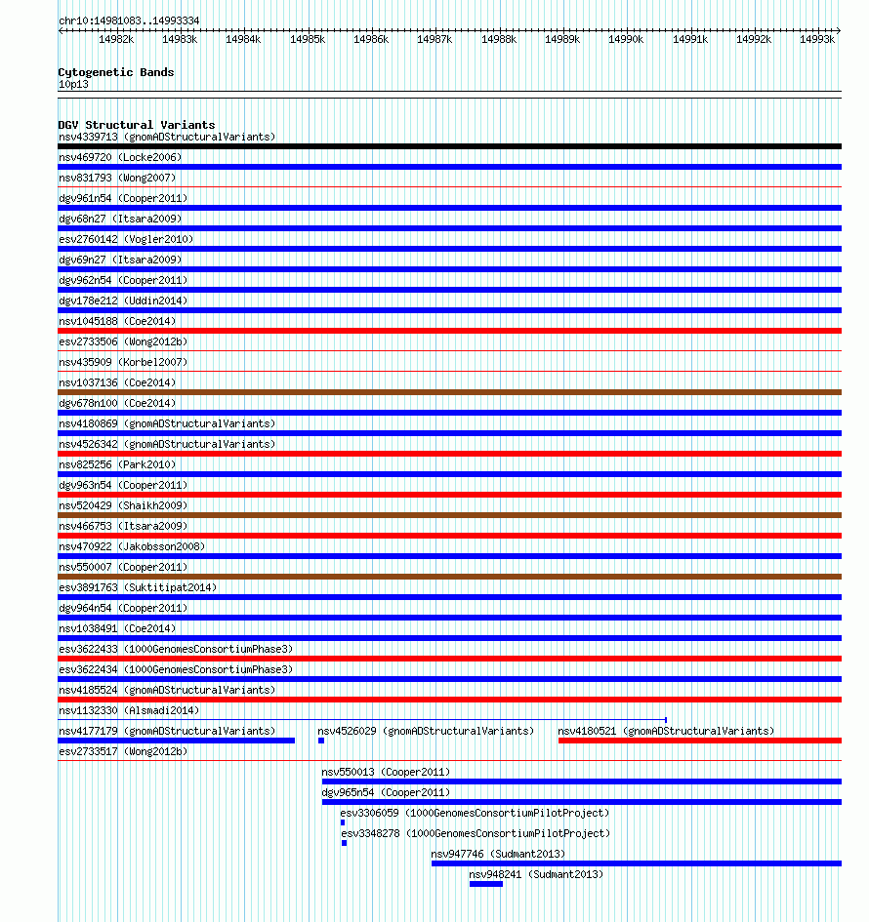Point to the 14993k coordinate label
click(817, 39)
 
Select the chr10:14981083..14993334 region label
click(129, 20)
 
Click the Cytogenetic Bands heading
click(115, 72)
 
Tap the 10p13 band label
click(73, 85)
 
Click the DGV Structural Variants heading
click(136, 125)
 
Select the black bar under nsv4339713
click(449, 146)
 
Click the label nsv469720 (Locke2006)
click(120, 157)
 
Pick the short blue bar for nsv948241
click(485, 884)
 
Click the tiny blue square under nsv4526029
click(320, 741)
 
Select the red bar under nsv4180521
click(699, 741)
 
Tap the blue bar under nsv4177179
click(176, 741)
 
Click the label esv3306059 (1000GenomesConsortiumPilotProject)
click(475, 813)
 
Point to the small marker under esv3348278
click(344, 843)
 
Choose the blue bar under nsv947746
click(636, 863)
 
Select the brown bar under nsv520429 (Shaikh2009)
click(449, 515)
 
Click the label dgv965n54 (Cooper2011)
click(386, 792)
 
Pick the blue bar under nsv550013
click(581, 782)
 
